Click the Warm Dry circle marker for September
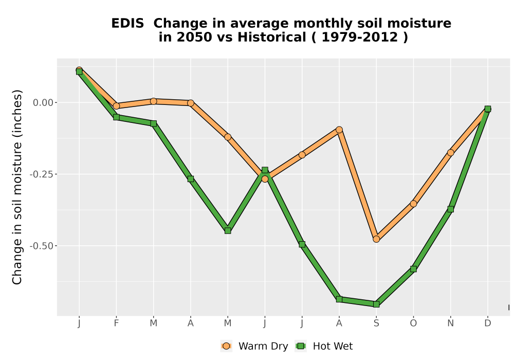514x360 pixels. pos(376,239)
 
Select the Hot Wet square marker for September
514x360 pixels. pos(376,304)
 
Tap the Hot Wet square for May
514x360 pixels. pos(228,231)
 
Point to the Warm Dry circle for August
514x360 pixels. pos(339,130)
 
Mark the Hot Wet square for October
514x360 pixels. pos(413,269)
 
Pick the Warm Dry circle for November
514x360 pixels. pos(451,152)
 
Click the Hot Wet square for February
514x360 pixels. pos(116,117)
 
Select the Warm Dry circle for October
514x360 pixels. pos(413,204)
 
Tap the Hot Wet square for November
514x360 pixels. pos(451,209)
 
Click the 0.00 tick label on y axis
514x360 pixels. pos(43,103)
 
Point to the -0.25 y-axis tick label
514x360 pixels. pos(42,174)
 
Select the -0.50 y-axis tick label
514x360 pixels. pos(42,246)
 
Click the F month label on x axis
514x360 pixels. pos(116,323)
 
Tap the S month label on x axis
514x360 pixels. pos(376,323)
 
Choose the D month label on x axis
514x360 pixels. pos(488,323)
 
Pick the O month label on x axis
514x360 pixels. pos(413,323)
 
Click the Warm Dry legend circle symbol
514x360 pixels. pos(226,346)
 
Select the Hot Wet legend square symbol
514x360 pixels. pos(301,346)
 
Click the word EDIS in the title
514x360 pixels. pos(127,24)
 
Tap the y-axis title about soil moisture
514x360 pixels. pos(17,187)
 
